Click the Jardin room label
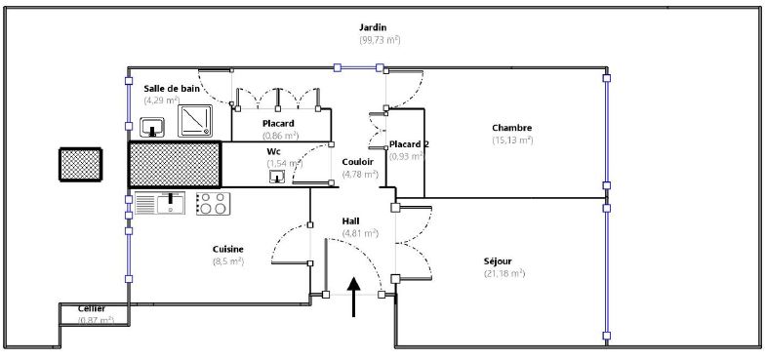pyautogui.click(x=373, y=27)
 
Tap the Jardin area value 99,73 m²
pyautogui.click(x=380, y=41)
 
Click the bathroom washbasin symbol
pyautogui.click(x=152, y=127)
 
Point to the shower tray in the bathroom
pyautogui.click(x=195, y=121)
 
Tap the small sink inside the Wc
pyautogui.click(x=277, y=177)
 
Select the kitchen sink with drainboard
pyautogui.click(x=159, y=203)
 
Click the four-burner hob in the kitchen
pyautogui.click(x=213, y=203)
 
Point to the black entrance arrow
pyautogui.click(x=354, y=297)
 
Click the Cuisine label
pyautogui.click(x=228, y=249)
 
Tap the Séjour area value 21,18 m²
pyautogui.click(x=504, y=273)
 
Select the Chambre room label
pyautogui.click(x=511, y=128)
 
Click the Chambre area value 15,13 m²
pyautogui.click(x=511, y=140)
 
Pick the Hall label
pyautogui.click(x=351, y=221)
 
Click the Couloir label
pyautogui.click(x=357, y=162)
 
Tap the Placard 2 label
pyautogui.click(x=409, y=144)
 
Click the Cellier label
pyautogui.click(x=92, y=308)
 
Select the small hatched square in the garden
pyautogui.click(x=80, y=164)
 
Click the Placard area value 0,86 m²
pyautogui.click(x=281, y=135)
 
